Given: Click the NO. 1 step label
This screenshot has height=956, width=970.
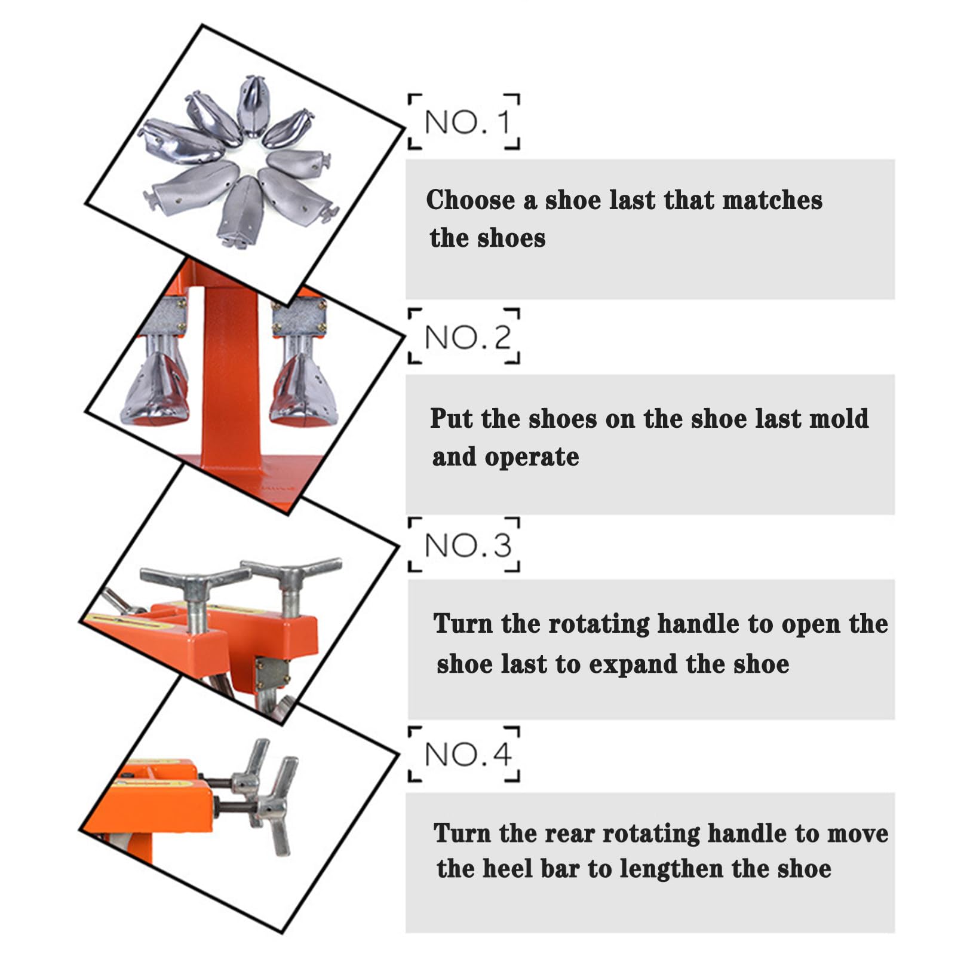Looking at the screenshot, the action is pos(468,122).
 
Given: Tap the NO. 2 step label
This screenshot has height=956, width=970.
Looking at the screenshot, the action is pos(468,337).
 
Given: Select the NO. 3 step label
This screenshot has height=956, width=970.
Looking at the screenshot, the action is pos(468,545).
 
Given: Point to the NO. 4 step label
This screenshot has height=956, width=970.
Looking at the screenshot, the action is pos(468,754).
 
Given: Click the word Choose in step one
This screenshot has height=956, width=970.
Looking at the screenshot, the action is pos(470,200).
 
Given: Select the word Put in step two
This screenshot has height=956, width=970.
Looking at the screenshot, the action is pos(451,418).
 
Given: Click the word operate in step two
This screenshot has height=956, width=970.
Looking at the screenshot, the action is pos(532,458).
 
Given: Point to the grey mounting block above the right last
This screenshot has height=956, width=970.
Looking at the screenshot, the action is pos(299,318).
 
